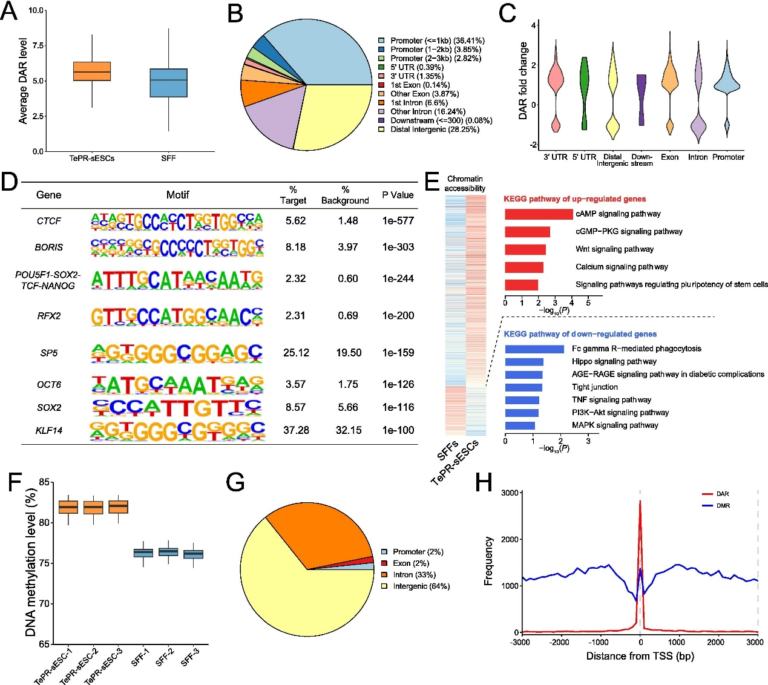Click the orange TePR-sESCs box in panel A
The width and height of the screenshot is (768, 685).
click(x=91, y=71)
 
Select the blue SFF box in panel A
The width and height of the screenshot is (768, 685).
click(x=168, y=82)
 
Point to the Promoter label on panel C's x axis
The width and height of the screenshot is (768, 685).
click(x=728, y=157)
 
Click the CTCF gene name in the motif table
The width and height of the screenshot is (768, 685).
click(x=49, y=221)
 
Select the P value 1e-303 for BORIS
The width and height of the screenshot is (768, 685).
click(x=398, y=247)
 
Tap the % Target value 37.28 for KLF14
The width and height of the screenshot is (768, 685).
click(x=296, y=430)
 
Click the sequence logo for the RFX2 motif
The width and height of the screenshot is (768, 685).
click(x=177, y=315)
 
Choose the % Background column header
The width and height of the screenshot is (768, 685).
click(x=345, y=195)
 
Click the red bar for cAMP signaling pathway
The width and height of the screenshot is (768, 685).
click(x=539, y=214)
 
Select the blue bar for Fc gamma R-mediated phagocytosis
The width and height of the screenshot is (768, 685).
click(x=534, y=349)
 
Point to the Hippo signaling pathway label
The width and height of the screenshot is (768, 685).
click(x=614, y=361)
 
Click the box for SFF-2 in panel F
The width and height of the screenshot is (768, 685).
click(x=168, y=552)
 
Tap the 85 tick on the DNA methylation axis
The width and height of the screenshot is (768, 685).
click(x=44, y=482)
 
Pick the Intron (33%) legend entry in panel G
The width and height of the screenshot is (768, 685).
click(x=414, y=575)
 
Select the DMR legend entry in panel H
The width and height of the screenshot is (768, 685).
click(x=723, y=505)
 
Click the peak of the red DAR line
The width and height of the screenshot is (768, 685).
click(x=640, y=501)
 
